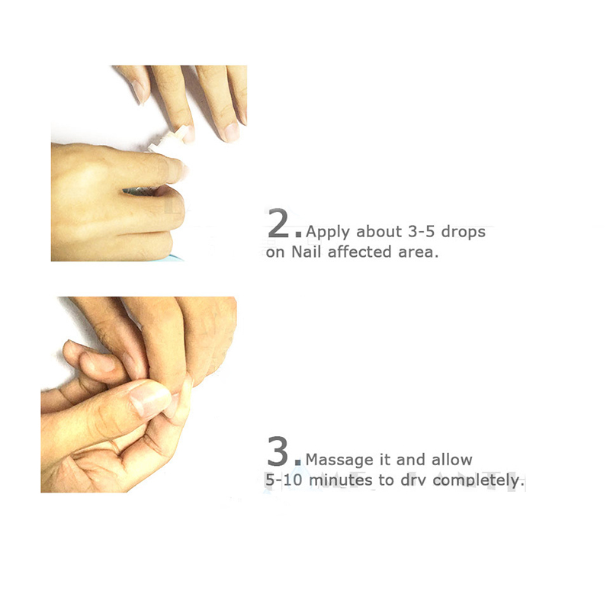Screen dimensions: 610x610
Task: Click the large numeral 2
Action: pyautogui.click(x=278, y=223)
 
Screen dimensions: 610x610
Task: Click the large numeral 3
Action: pyautogui.click(x=278, y=451)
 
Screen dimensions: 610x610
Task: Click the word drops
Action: pyautogui.click(x=464, y=232)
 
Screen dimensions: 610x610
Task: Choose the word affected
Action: pyautogui.click(x=359, y=252)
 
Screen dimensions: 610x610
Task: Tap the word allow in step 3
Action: pyautogui.click(x=452, y=460)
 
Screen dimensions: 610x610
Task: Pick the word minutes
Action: pyautogui.click(x=341, y=480)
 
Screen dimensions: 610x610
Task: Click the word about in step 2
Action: pyautogui.click(x=379, y=232)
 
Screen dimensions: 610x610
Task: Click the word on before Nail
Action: pyautogui.click(x=275, y=253)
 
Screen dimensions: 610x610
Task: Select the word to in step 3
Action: pyautogui.click(x=387, y=480)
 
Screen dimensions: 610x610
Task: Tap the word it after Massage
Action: pyautogui.click(x=384, y=460)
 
